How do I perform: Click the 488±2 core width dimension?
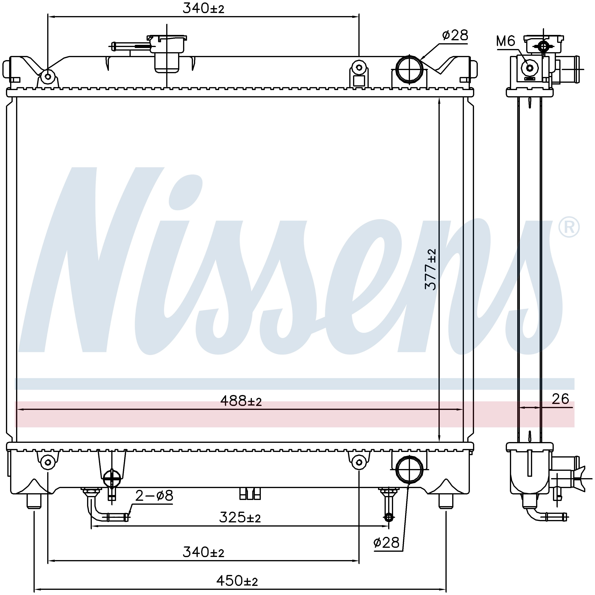[241, 401]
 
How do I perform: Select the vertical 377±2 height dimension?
[431, 269]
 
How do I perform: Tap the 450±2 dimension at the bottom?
[237, 581]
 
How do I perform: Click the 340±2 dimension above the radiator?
[203, 8]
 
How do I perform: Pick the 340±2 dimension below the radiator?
[203, 552]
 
